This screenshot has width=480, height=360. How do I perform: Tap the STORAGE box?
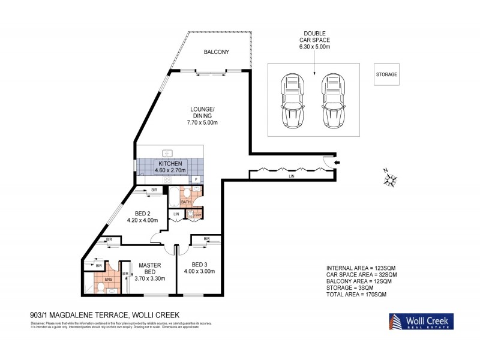click(x=386, y=74)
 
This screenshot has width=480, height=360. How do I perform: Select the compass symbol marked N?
click(x=391, y=178)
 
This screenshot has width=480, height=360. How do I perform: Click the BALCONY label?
click(x=216, y=52)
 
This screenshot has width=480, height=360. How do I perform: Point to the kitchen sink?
click(x=166, y=152)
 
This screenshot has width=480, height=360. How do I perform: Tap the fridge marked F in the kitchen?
click(x=196, y=179)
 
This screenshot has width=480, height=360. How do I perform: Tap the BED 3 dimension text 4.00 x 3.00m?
click(x=199, y=271)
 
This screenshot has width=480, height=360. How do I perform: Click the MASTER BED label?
click(x=147, y=268)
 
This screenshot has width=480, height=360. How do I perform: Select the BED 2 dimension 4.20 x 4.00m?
click(x=143, y=220)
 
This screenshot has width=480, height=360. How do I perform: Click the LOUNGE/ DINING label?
click(x=202, y=112)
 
